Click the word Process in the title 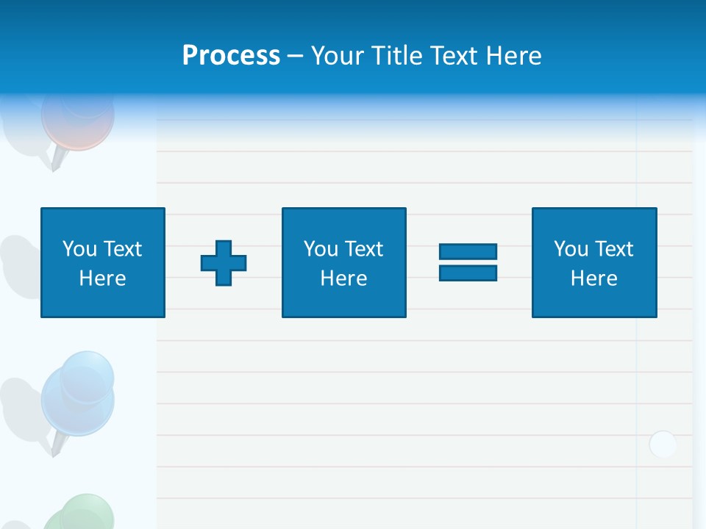pyautogui.click(x=231, y=56)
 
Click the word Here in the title pyautogui.click(x=513, y=56)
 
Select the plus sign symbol pyautogui.click(x=224, y=263)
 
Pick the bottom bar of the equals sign pyautogui.click(x=468, y=273)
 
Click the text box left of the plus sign pyautogui.click(x=103, y=263)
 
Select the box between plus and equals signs pyautogui.click(x=343, y=263)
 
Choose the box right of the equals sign pyautogui.click(x=593, y=263)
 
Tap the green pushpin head pyautogui.click(x=81, y=514)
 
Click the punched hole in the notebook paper pyautogui.click(x=663, y=445)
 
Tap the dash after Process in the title pyautogui.click(x=295, y=56)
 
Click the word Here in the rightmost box pyautogui.click(x=593, y=278)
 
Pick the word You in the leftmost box pyautogui.click(x=79, y=249)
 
